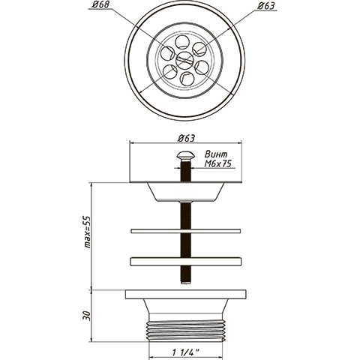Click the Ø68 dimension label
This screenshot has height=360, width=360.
tap(100, 4)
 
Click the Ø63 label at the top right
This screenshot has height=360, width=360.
tap(266, 6)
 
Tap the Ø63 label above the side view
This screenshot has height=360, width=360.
tap(186, 138)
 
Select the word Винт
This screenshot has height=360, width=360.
tap(216, 154)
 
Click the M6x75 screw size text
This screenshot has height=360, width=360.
tap(217, 163)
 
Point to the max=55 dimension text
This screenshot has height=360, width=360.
tap(87, 232)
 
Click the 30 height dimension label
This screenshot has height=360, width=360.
tap(87, 316)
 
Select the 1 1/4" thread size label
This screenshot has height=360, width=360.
tap(185, 352)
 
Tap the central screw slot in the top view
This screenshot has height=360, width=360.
tap(184, 60)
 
